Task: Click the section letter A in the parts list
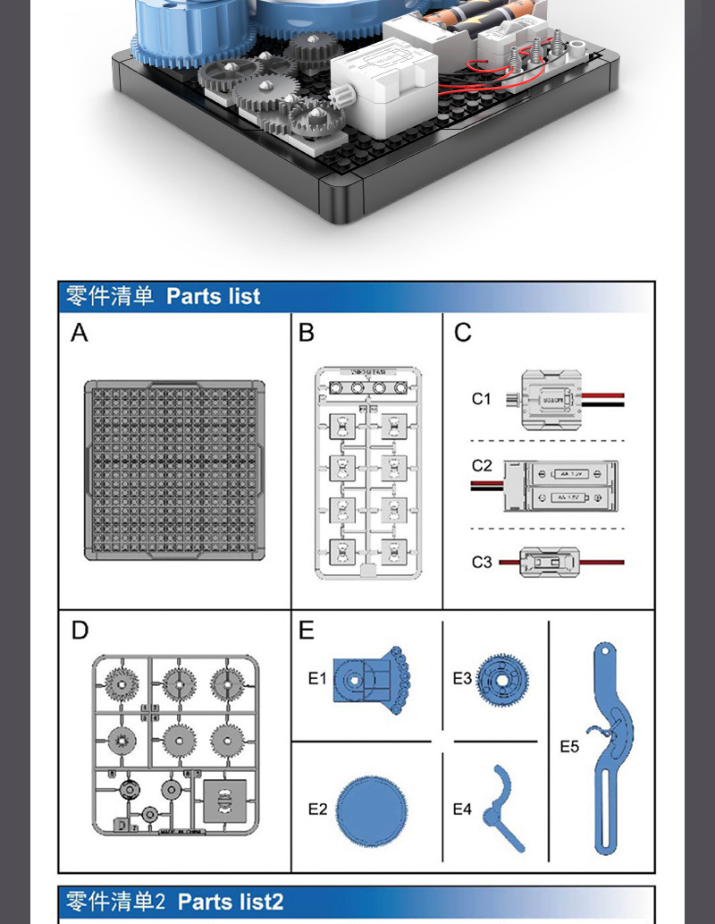pos(80,334)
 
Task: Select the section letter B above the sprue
pos(307,334)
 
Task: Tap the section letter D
pos(80,631)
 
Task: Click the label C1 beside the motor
pos(482,399)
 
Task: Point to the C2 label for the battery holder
pos(482,466)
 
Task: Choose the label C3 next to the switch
pos(482,562)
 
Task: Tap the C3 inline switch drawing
pos(550,562)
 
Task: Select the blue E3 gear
pos(502,678)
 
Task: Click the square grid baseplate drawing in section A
pos(175,470)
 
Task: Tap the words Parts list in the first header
pos(213,296)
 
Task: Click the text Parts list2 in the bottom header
pos(231,901)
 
